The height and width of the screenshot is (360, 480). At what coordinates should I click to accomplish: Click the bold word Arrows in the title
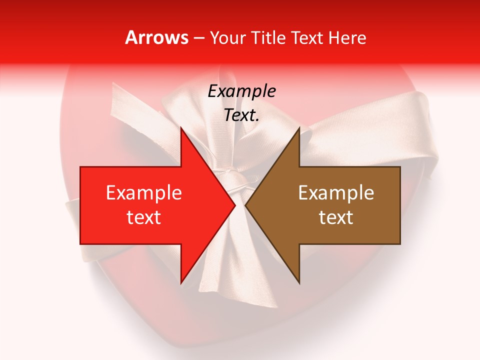click(x=157, y=37)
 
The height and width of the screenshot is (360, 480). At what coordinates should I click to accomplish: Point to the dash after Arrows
click(x=199, y=38)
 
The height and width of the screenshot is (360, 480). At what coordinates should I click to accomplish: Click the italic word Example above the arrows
click(x=241, y=91)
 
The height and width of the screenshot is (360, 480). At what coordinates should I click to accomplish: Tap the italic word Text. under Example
click(x=241, y=115)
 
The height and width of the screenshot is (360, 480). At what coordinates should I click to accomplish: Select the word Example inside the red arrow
click(x=144, y=192)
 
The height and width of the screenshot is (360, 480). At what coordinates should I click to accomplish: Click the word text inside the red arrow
click(x=144, y=217)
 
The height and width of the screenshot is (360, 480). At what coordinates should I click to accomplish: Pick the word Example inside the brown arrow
click(x=336, y=192)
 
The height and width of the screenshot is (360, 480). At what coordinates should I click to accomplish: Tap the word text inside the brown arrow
click(x=336, y=217)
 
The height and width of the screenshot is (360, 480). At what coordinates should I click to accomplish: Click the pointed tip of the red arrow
click(x=234, y=205)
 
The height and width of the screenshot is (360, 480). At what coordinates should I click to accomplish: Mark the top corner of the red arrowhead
click(x=181, y=128)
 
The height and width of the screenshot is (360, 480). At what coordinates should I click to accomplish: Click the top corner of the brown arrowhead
click(x=299, y=128)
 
